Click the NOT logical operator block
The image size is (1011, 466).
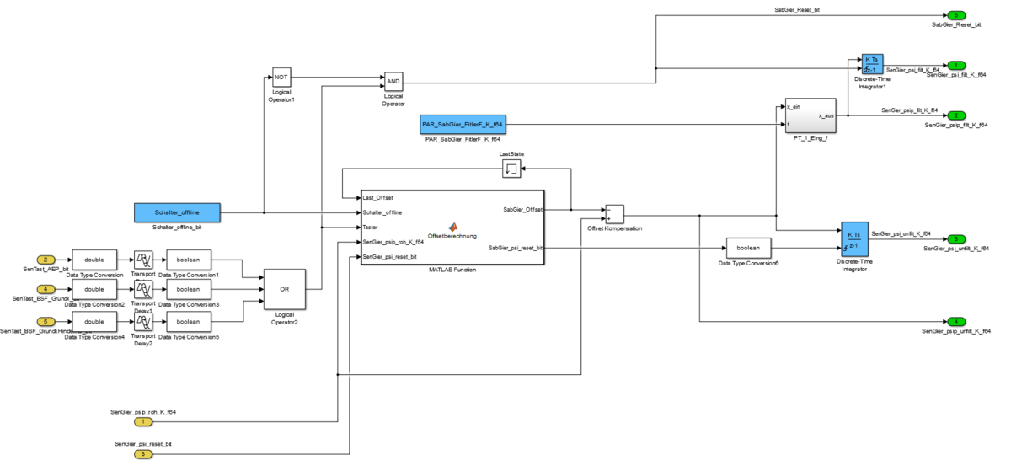[281, 77]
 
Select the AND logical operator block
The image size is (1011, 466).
[393, 81]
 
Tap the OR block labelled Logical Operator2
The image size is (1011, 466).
[284, 288]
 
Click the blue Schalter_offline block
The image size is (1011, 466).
[178, 212]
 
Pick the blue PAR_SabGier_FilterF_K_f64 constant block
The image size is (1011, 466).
[463, 125]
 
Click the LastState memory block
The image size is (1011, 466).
[511, 169]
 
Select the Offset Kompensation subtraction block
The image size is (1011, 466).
[613, 213]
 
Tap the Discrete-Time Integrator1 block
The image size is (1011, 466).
[872, 65]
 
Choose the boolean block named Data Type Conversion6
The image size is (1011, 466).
[748, 248]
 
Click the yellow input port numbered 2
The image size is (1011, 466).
[47, 260]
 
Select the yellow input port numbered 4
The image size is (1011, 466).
[47, 289]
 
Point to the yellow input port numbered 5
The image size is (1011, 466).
[47, 321]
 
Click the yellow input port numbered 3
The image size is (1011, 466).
[143, 454]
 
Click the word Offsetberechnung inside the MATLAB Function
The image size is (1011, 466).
[452, 236]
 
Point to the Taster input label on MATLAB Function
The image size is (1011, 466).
[371, 227]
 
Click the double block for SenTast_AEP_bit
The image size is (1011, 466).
[94, 259]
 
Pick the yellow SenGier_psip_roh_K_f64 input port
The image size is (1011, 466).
[143, 421]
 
